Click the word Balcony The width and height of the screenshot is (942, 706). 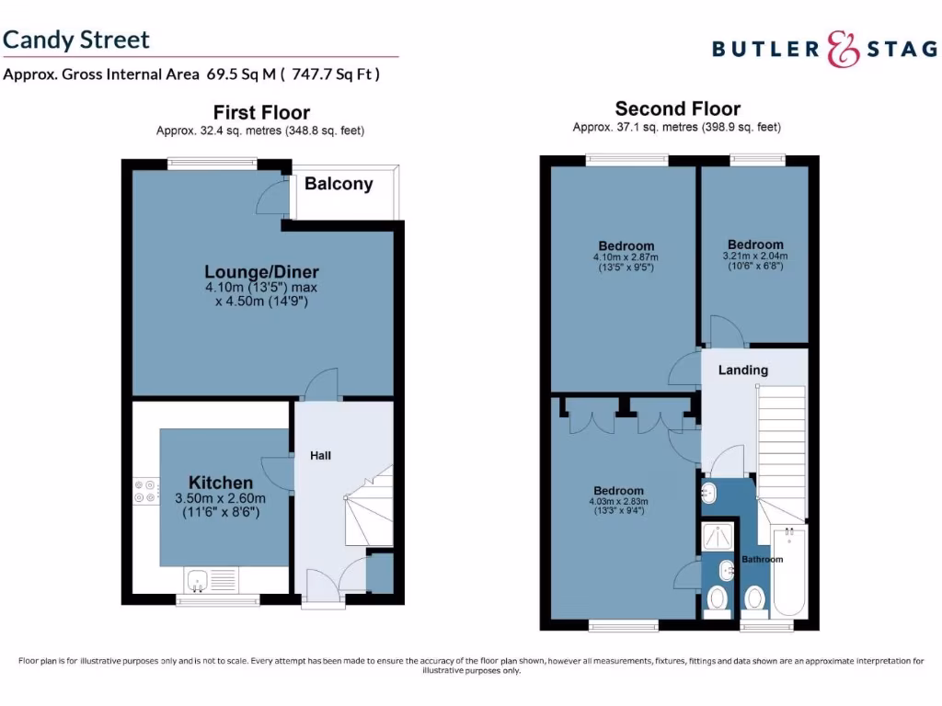click(x=339, y=184)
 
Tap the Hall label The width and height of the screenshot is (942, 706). click(x=320, y=456)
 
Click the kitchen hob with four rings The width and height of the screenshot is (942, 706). click(x=145, y=491)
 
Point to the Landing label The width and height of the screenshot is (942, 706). click(x=742, y=370)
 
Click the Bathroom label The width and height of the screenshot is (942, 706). click(x=763, y=559)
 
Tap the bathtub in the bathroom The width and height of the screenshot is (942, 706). click(x=790, y=572)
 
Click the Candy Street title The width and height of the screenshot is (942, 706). click(x=76, y=40)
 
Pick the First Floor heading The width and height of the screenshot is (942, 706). click(x=261, y=112)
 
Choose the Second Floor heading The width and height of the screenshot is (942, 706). click(x=677, y=108)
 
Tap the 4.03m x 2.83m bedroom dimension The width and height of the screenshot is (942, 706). click(x=618, y=502)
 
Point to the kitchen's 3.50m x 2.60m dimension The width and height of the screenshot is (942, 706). click(x=220, y=498)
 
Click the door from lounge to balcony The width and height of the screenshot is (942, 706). click(x=271, y=197)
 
